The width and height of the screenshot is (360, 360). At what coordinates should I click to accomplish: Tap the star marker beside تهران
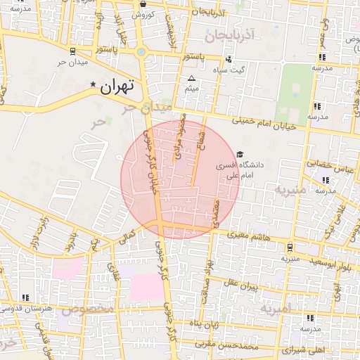(x=94, y=84)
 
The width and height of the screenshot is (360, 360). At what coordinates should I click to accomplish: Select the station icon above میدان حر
(x=74, y=51)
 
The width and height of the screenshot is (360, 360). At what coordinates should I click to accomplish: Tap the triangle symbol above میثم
(x=191, y=78)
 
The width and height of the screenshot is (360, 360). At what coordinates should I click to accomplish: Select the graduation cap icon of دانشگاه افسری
(x=240, y=155)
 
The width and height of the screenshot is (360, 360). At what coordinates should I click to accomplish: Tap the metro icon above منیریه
(x=290, y=247)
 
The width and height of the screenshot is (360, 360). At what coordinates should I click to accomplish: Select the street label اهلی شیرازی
(x=304, y=349)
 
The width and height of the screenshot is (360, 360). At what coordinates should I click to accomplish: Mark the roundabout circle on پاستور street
(x=142, y=51)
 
